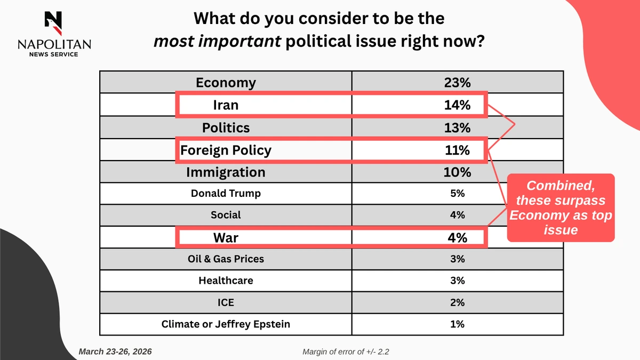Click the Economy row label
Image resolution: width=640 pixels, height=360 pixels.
226,83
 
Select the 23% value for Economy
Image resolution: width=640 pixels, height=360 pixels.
457,83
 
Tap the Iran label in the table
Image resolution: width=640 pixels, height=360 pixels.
226,105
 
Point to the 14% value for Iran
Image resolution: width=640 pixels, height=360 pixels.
457,105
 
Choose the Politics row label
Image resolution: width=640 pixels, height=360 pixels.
226,128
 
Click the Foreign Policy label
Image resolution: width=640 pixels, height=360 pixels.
226,150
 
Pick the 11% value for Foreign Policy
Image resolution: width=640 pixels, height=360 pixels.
457,150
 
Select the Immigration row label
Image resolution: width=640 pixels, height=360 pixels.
226,173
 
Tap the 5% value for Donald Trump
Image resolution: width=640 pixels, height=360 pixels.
457,194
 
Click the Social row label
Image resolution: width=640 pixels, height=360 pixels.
226,215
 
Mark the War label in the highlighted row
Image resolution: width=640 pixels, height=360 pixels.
226,237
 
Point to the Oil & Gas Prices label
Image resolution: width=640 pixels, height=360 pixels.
226,259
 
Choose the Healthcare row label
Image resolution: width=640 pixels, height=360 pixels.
226,281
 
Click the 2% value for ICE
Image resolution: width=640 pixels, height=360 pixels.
457,302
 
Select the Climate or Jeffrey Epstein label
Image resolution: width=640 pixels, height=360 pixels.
226,324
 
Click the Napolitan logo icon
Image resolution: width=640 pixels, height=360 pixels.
53,21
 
